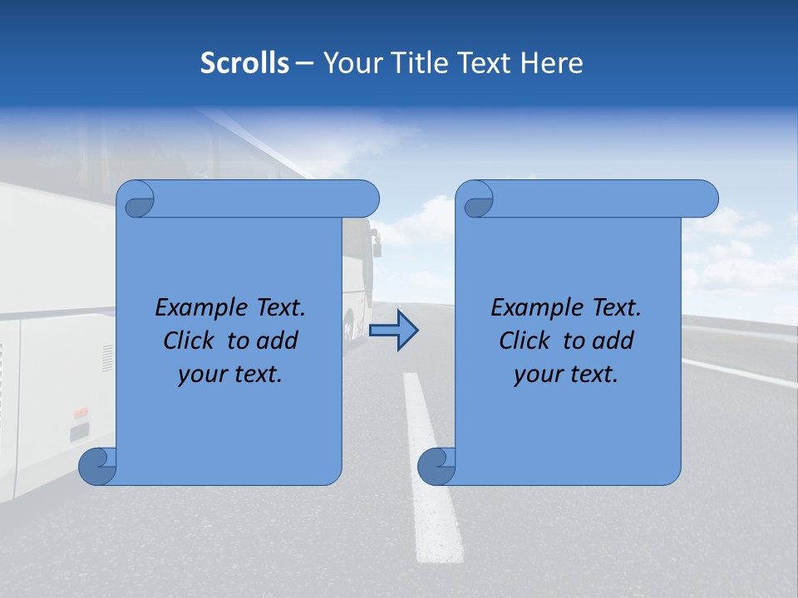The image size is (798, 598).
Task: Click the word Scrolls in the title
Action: coord(244,63)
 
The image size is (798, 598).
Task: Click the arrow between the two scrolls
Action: coord(393,331)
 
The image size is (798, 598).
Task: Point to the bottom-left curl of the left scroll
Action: coord(96,466)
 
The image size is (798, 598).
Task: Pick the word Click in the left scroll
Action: coord(189,341)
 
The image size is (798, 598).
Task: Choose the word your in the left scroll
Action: coord(200,375)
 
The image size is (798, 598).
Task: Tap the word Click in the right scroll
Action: coord(525,341)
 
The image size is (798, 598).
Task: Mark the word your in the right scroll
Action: coord(536,375)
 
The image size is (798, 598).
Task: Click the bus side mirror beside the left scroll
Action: coord(375,243)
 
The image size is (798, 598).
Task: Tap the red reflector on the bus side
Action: coord(81,412)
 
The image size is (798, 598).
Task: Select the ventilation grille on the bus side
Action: coord(107,357)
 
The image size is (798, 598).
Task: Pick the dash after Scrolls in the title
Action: coord(305,63)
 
